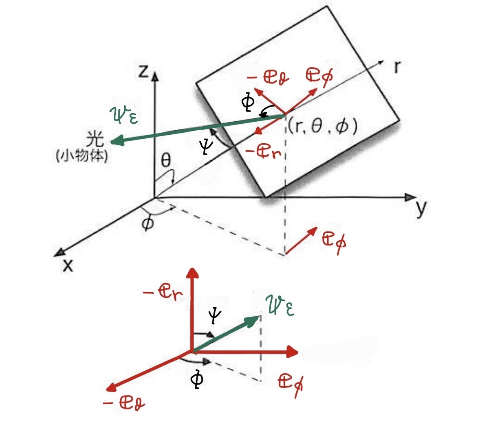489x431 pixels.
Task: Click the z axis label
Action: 143,71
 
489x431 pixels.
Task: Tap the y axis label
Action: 421,209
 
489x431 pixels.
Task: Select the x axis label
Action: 68,266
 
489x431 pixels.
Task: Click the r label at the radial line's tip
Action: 398,67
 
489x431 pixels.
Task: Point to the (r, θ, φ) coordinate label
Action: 323,127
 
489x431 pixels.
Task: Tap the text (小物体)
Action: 82,157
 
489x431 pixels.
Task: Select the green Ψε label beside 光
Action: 123,115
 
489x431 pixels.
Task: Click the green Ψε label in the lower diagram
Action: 280,306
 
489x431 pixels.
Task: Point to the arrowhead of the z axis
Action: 155,77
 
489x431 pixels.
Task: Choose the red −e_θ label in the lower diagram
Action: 124,403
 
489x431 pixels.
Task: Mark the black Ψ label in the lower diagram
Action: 214,316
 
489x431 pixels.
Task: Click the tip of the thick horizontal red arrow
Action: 298,352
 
